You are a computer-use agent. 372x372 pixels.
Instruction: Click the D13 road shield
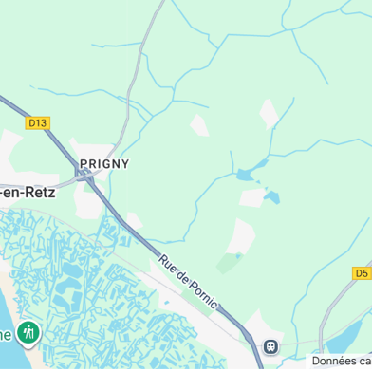[x=37, y=122]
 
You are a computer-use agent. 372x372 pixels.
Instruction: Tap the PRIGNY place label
[x=104, y=163]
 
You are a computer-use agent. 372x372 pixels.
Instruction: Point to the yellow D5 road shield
[x=362, y=272]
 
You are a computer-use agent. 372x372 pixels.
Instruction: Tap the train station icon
[x=271, y=346]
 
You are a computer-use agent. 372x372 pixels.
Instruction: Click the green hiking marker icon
[x=28, y=333]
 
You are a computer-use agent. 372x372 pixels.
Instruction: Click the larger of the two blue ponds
[x=246, y=175]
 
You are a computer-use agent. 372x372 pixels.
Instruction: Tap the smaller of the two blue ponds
[x=273, y=197]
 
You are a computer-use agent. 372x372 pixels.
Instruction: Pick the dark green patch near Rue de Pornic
[x=228, y=262]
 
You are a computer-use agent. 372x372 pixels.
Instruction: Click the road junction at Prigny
[x=86, y=176]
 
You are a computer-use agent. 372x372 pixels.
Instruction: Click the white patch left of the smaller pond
[x=252, y=197]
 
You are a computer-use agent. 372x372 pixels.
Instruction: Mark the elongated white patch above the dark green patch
[x=241, y=235]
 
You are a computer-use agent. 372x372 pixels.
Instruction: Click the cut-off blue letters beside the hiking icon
[x=6, y=334]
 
